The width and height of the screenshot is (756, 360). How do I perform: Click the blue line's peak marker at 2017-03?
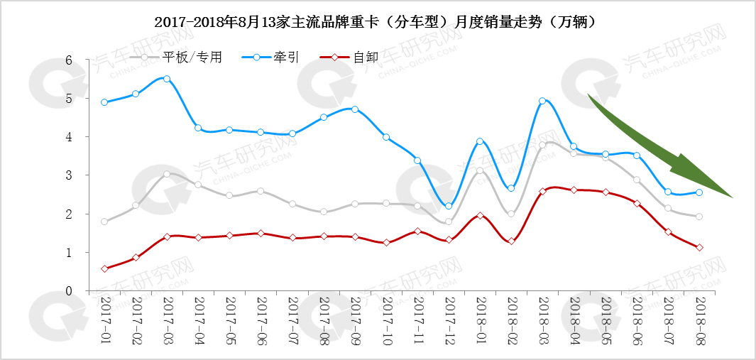coord(167,79)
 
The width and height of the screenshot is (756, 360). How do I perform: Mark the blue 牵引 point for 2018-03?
coord(542,101)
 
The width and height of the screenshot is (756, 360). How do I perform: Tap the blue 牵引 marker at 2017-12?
coord(449,206)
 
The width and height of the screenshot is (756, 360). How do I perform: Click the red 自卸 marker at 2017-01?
coord(104,268)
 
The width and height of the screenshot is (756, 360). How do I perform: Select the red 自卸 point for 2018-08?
coord(699,247)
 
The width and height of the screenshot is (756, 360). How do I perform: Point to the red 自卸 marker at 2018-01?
coord(480,215)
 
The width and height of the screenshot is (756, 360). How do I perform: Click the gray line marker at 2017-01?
coord(104,222)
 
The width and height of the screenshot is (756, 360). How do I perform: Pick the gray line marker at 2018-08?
coord(699,217)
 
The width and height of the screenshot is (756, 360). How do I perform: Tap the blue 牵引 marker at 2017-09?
coord(355,109)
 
